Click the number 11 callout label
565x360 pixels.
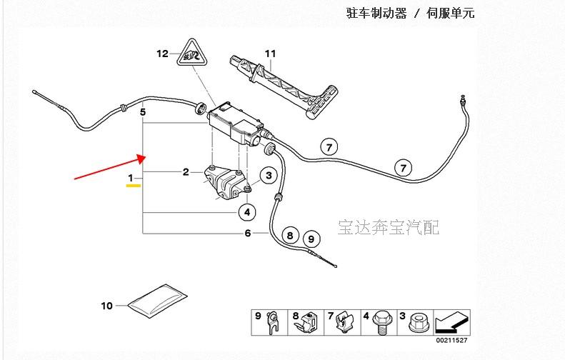pyautogui.click(x=270, y=54)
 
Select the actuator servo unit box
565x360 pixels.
pyautogui.click(x=236, y=124)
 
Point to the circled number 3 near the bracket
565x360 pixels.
pyautogui.click(x=269, y=176)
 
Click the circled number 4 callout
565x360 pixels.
pyautogui.click(x=247, y=212)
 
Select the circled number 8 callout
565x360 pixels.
pyautogui.click(x=290, y=236)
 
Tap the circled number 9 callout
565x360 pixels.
pyautogui.click(x=311, y=239)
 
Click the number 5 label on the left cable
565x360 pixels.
pyautogui.click(x=143, y=112)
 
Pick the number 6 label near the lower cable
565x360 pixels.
pyautogui.click(x=248, y=233)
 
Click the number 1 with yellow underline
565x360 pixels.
pyautogui.click(x=131, y=178)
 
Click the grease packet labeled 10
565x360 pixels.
pyautogui.click(x=157, y=301)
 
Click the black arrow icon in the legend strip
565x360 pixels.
pyautogui.click(x=452, y=322)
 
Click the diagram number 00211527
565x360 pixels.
pyautogui.click(x=451, y=341)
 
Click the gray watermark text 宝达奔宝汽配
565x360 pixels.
pyautogui.click(x=389, y=227)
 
